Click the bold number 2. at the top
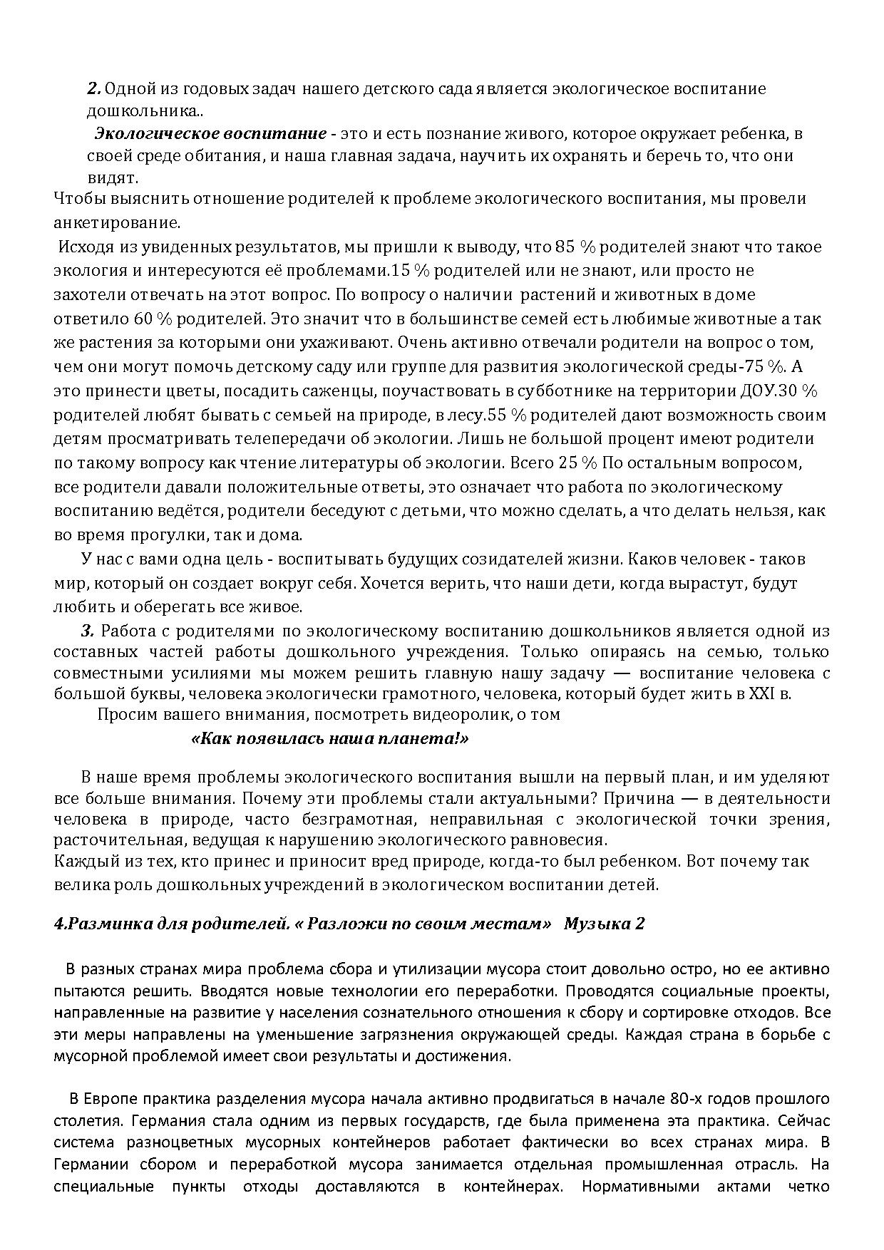coord(95,89)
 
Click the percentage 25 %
coord(577,463)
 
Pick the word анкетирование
coord(117,222)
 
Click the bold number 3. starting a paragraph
coord(88,631)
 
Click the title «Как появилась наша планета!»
coord(330,738)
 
